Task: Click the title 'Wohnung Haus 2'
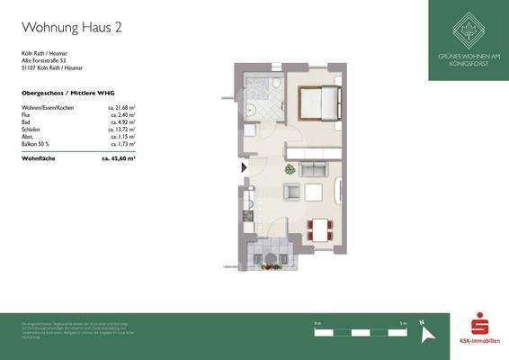[x=71, y=28]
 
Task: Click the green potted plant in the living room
[x=290, y=169]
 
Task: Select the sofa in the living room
[x=313, y=169]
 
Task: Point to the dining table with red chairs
[x=318, y=229]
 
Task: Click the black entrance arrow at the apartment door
[x=242, y=167]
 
